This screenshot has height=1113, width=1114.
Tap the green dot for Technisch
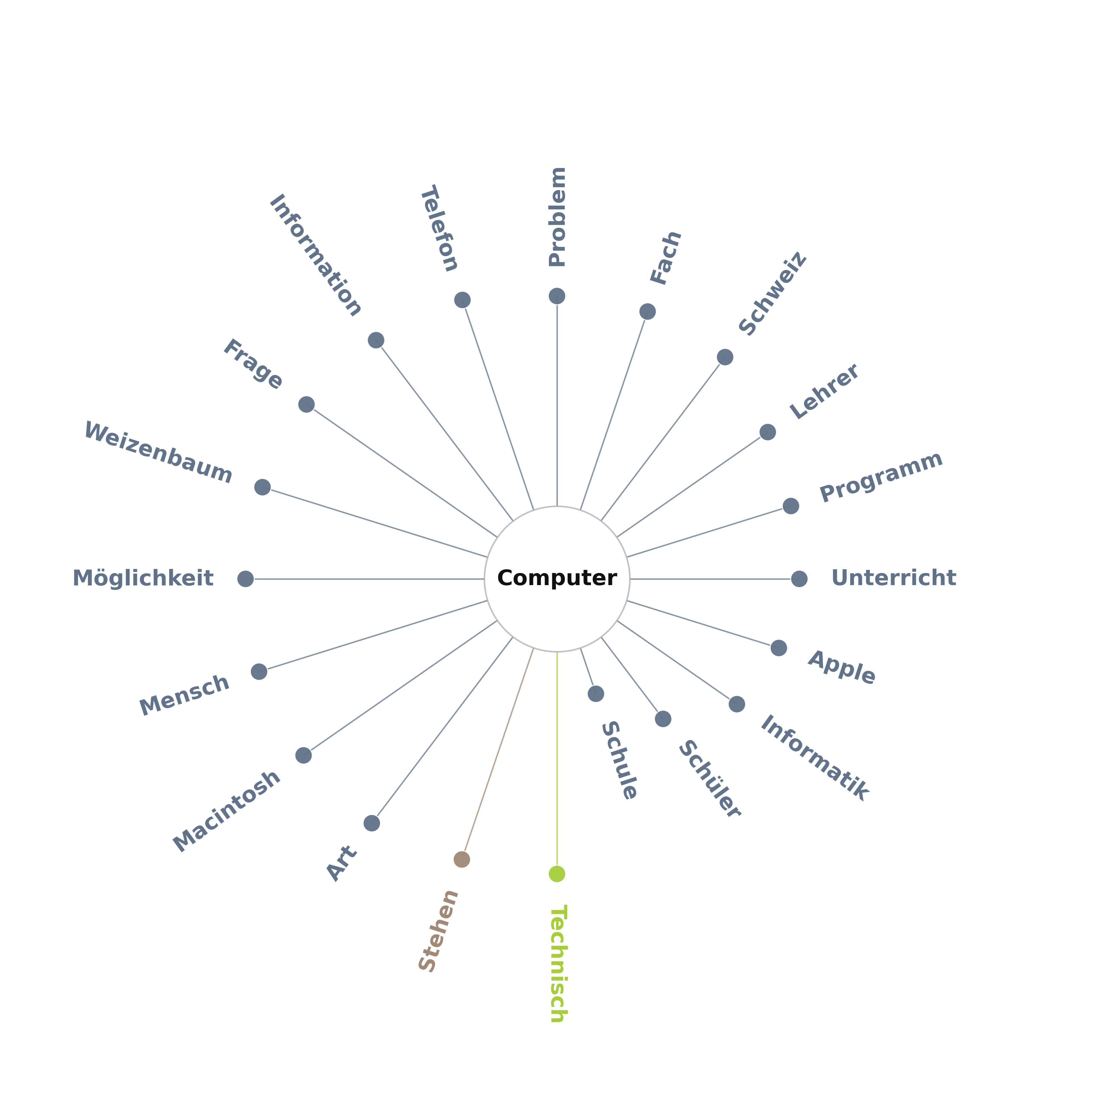click(556, 874)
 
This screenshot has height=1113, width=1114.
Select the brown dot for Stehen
click(461, 859)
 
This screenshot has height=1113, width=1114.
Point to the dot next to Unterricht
click(799, 578)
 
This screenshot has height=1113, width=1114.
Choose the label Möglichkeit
click(143, 578)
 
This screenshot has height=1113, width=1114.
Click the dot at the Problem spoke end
click(556, 296)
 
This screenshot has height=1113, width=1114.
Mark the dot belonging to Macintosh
click(303, 755)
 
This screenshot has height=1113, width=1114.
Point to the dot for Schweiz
click(725, 357)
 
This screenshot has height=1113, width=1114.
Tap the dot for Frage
click(306, 404)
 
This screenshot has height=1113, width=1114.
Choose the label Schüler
click(709, 779)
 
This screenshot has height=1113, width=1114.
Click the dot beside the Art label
click(372, 823)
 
